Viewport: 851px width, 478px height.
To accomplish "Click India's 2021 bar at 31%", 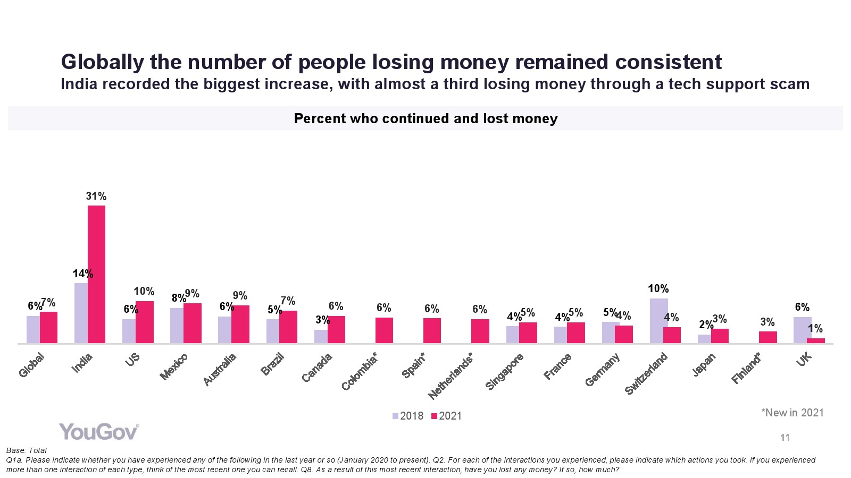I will pyautogui.click(x=96, y=274).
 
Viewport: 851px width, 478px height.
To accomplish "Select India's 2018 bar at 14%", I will pyautogui.click(x=81, y=313).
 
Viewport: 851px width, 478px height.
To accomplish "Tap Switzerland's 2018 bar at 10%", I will pyautogui.click(x=658, y=321).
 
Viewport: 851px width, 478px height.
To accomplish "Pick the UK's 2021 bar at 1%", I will pyautogui.click(x=816, y=340).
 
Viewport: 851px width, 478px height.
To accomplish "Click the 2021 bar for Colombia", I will pyautogui.click(x=384, y=330).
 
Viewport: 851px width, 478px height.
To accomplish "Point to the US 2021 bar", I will pyautogui.click(x=144, y=322).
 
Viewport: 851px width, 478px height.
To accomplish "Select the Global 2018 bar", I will pyautogui.click(x=33, y=329).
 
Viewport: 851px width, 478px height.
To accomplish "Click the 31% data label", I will pyautogui.click(x=96, y=197).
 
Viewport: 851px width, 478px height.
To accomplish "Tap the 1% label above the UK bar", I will pyautogui.click(x=815, y=329).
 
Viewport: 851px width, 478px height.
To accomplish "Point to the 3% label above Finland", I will pyautogui.click(x=767, y=322).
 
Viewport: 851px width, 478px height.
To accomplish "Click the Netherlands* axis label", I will pyautogui.click(x=451, y=376).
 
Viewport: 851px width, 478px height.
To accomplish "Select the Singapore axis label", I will pyautogui.click(x=505, y=371).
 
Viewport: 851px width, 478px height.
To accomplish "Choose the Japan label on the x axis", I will pyautogui.click(x=704, y=365).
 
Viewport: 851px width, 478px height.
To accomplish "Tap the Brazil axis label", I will pyautogui.click(x=272, y=365).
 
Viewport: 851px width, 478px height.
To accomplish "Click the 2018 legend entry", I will pyautogui.click(x=408, y=416).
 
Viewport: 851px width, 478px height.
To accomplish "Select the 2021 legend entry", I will pyautogui.click(x=446, y=416).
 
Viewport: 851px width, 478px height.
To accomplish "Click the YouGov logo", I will pyautogui.click(x=99, y=432).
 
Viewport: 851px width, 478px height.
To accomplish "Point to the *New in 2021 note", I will pyautogui.click(x=792, y=413).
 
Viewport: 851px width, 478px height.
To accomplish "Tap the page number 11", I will pyautogui.click(x=785, y=438).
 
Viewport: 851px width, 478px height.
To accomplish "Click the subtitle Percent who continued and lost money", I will pyautogui.click(x=425, y=118).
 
